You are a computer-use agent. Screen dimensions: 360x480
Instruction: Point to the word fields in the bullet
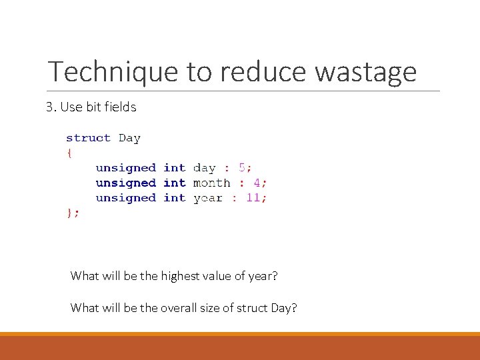tap(121, 107)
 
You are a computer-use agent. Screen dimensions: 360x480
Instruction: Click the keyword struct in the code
tap(88, 138)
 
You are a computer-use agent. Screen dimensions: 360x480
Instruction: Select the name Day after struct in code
tap(129, 139)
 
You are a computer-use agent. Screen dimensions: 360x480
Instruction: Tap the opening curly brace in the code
tap(69, 153)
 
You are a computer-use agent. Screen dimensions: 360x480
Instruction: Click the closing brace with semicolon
tap(73, 213)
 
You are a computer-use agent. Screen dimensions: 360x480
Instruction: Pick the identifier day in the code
tap(204, 168)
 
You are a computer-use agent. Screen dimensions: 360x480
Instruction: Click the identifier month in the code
tap(211, 183)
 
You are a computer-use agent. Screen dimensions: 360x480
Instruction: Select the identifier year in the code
tap(207, 198)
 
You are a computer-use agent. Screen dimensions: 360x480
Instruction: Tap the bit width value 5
tap(242, 168)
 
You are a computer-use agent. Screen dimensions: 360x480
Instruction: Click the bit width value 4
tap(257, 183)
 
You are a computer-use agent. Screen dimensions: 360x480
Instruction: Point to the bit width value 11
tap(253, 198)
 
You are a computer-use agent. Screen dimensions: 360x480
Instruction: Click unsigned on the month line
tap(125, 183)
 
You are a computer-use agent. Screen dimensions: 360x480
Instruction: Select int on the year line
tap(174, 198)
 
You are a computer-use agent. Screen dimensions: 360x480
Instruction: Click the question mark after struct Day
tap(294, 308)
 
